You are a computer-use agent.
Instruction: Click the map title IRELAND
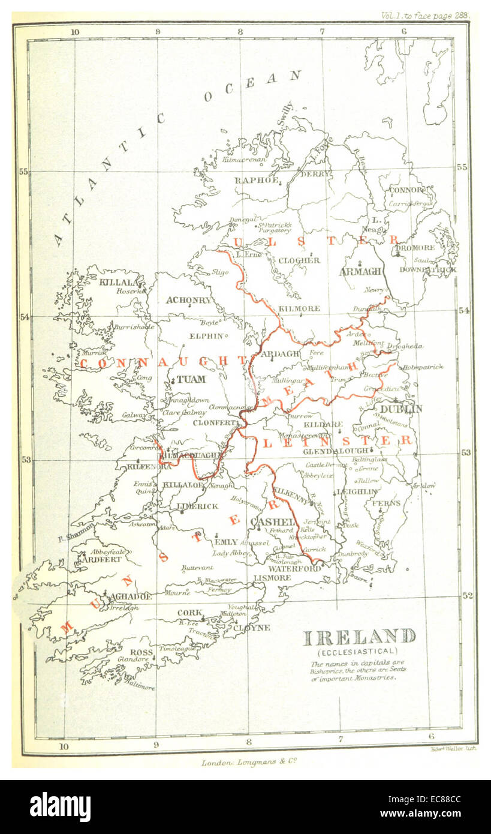point(359,637)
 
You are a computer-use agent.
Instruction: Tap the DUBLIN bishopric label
point(401,409)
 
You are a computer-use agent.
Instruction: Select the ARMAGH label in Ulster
point(360,271)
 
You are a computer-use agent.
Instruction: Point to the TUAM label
point(191,379)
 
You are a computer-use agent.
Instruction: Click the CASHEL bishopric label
point(272,521)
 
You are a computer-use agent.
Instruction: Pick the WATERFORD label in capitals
point(295,568)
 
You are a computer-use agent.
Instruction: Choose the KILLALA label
point(122,281)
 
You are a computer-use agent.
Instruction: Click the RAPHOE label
point(257,180)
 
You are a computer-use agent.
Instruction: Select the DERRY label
point(315,173)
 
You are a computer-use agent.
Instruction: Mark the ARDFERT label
point(99,559)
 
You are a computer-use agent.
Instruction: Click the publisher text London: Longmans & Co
point(249,763)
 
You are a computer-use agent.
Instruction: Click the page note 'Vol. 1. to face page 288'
point(425,16)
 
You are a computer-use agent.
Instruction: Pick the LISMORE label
point(273,578)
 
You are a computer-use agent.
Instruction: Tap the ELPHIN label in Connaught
point(206,336)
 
